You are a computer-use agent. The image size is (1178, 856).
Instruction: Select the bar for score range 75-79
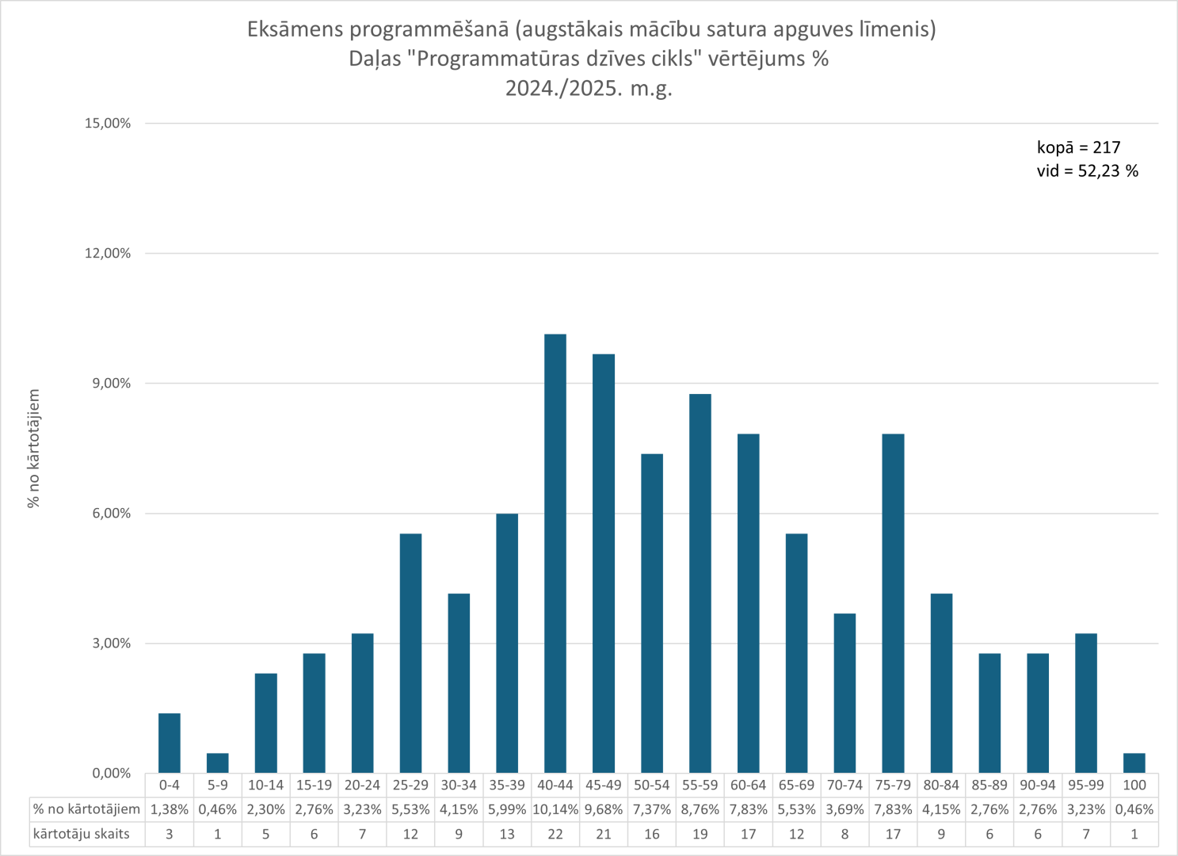[x=893, y=603]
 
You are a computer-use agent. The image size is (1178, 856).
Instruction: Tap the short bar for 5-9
[x=217, y=762]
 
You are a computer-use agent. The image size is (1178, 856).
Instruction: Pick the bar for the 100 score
[x=1134, y=762]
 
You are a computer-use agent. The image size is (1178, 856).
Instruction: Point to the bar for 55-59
[x=700, y=583]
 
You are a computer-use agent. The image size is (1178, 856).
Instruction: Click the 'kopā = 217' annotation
[x=1078, y=147]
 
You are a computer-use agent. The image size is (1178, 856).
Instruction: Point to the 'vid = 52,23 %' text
[x=1087, y=171]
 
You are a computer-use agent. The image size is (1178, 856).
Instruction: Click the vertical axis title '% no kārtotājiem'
[x=33, y=449]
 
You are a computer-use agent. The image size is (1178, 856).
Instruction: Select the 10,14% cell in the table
[x=555, y=809]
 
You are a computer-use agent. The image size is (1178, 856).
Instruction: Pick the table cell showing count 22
[x=555, y=834]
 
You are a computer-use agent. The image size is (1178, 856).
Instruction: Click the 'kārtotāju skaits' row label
[x=81, y=834]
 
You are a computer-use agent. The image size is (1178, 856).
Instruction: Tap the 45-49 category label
[x=603, y=785]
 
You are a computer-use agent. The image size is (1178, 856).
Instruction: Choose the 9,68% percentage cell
[x=603, y=809]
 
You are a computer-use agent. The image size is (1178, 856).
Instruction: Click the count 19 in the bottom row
[x=700, y=834]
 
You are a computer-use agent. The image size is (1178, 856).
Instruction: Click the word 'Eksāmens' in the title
[x=295, y=29]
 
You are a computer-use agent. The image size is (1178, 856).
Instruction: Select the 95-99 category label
[x=1085, y=785]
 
